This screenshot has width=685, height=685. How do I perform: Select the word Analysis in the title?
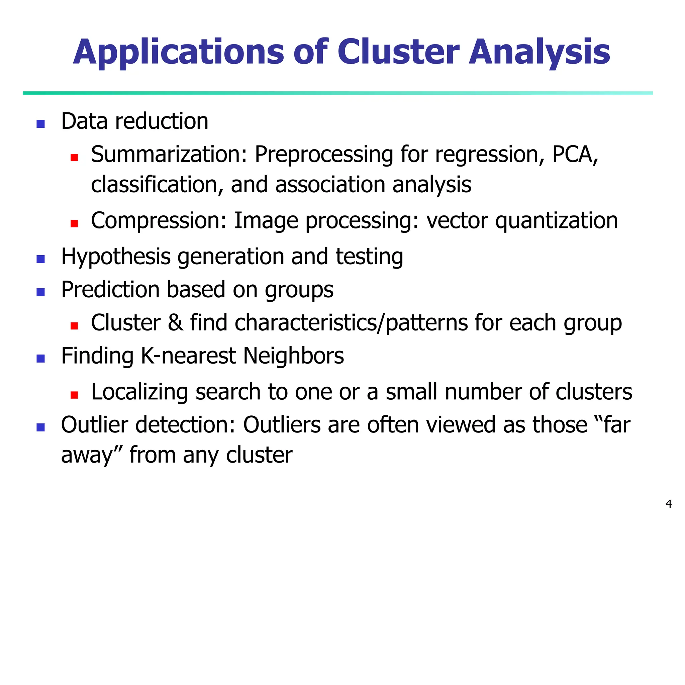539,53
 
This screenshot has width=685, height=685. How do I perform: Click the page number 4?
669,504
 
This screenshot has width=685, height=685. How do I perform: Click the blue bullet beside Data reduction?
41,124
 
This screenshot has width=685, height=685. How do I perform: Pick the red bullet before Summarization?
74,157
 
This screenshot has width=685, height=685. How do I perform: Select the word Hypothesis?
116,257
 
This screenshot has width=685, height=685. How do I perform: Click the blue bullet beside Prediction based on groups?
41,292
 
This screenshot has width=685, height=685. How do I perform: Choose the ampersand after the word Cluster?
176,323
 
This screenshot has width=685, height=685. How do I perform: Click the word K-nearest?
188,356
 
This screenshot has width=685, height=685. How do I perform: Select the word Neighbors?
294,356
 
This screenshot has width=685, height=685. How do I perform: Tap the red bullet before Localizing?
74,395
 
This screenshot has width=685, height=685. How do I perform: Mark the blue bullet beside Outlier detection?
41,427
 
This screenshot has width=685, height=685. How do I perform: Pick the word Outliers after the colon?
282,425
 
